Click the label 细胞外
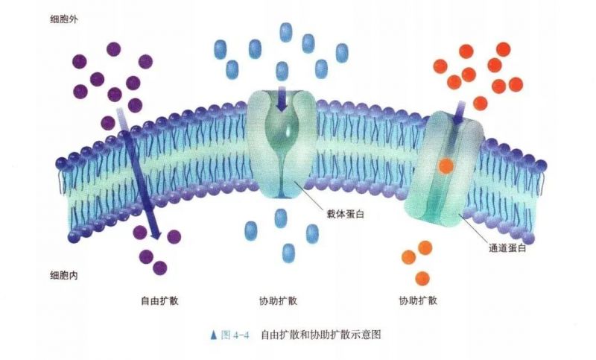(x=64, y=19)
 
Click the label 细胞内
(x=64, y=275)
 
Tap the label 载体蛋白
(x=346, y=214)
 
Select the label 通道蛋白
(x=507, y=248)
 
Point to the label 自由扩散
(x=159, y=300)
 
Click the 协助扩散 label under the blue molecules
(x=278, y=300)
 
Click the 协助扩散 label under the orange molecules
(x=418, y=300)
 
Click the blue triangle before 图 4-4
(x=213, y=335)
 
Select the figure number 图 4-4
(x=235, y=335)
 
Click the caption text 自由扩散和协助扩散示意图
(x=321, y=335)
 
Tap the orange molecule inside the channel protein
(x=446, y=166)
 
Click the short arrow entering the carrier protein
(x=282, y=99)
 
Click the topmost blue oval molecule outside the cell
(x=286, y=32)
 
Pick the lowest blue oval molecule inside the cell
(x=288, y=253)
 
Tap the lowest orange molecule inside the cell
(x=422, y=279)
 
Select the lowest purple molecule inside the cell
(x=159, y=268)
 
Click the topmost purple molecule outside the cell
(x=114, y=49)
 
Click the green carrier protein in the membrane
(x=282, y=144)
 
